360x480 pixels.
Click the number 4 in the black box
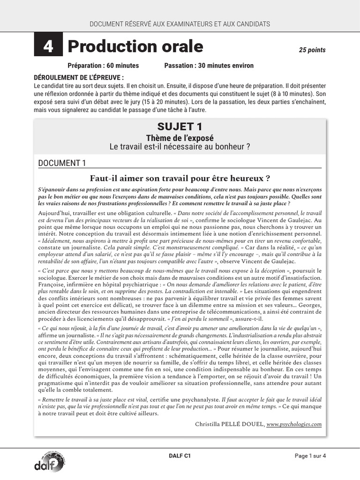click(48, 47)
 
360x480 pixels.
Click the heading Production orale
click(135, 46)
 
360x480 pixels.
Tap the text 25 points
click(312, 50)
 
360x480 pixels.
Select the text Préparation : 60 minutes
click(103, 66)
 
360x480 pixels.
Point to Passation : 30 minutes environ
click(209, 66)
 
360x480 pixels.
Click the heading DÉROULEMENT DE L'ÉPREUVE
click(79, 77)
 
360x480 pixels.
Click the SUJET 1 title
click(180, 126)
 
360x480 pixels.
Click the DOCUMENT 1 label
click(62, 163)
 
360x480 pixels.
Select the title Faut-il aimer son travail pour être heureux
click(180, 178)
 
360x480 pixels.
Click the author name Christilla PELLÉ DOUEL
click(228, 424)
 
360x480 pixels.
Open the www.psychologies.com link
click(294, 424)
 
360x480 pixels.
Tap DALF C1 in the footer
click(180, 455)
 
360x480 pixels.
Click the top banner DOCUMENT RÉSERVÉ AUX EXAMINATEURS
click(180, 24)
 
